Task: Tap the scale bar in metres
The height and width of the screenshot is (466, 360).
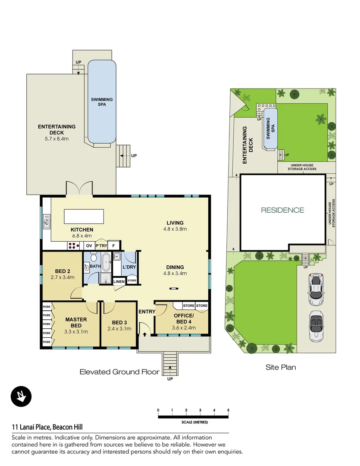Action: tap(193, 417)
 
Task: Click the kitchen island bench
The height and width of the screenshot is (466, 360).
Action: tap(84, 215)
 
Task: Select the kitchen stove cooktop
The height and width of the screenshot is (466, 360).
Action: tap(73, 246)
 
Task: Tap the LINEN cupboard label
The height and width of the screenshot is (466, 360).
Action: tap(119, 282)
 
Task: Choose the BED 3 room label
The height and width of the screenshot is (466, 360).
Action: tap(119, 325)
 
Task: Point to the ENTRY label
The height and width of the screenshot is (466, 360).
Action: tap(147, 312)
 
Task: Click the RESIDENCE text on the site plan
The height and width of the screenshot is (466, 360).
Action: tap(282, 211)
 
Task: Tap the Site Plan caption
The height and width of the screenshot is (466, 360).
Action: tap(280, 368)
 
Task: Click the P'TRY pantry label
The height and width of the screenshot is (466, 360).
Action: tap(101, 246)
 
